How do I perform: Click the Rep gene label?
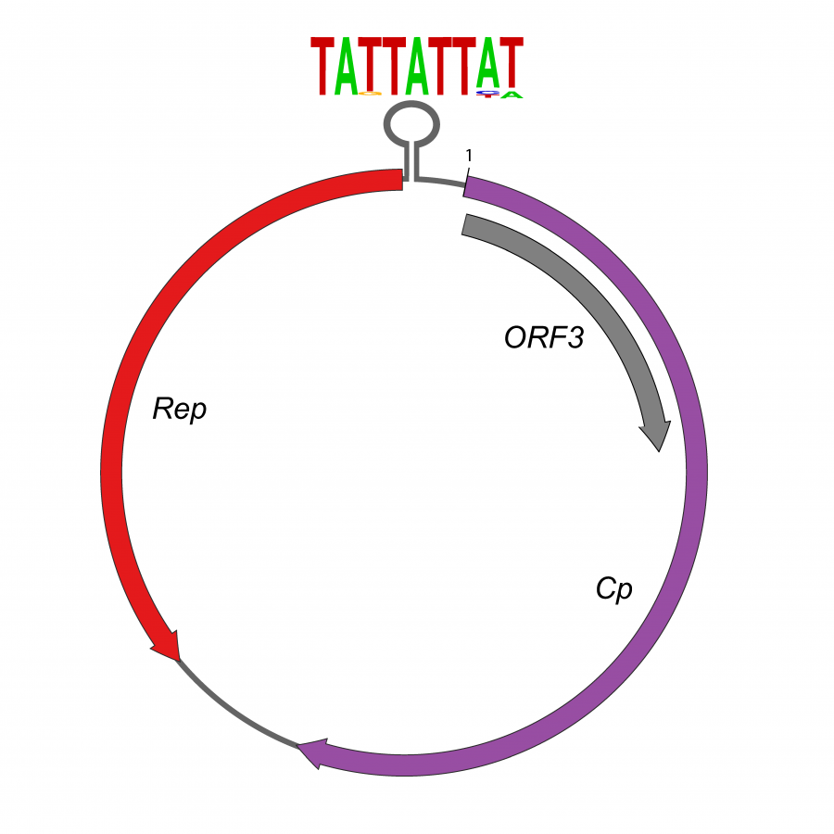[x=180, y=409]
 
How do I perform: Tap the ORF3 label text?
[x=544, y=338]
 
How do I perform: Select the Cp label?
[x=613, y=588]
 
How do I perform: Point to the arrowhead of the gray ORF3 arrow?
[x=656, y=436]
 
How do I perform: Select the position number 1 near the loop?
[x=469, y=156]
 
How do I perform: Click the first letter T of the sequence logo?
[x=322, y=66]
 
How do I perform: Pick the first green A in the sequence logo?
[x=346, y=66]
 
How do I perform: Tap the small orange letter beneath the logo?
[x=370, y=94]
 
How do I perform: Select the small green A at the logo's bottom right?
[x=512, y=95]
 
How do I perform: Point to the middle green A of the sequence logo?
[x=417, y=66]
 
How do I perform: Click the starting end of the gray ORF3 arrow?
[x=467, y=225]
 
